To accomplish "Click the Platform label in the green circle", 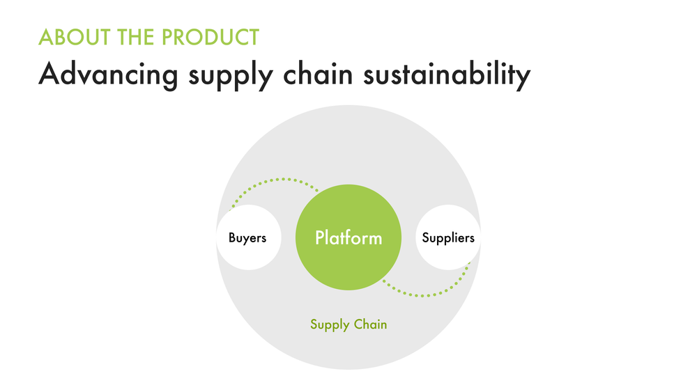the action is pos(348,238).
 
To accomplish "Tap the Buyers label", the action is pos(247,238).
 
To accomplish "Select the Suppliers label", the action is pos(448,238).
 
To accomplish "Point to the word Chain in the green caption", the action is pos(370,324).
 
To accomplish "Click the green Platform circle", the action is pos(348,268).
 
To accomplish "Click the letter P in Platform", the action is pos(321,238).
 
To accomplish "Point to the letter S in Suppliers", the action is pos(426,238).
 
